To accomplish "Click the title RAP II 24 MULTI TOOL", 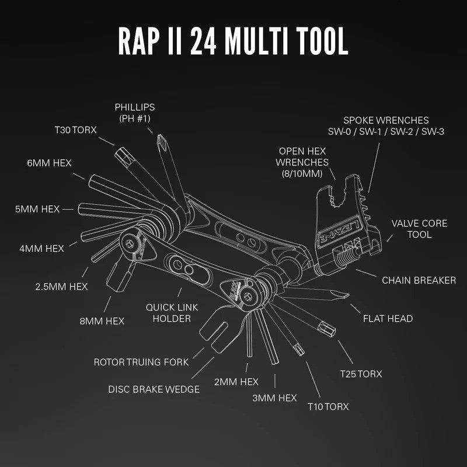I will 233,39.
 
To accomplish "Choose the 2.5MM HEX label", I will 61,287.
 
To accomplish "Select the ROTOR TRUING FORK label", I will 141,362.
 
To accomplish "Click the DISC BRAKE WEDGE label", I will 154,389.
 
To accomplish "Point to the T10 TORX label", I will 328,406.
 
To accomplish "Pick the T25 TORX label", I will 361,374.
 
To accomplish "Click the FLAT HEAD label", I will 388,318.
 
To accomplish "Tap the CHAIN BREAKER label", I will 419,280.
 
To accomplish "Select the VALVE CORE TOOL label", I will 419,229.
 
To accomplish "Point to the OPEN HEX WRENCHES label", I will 303,156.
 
